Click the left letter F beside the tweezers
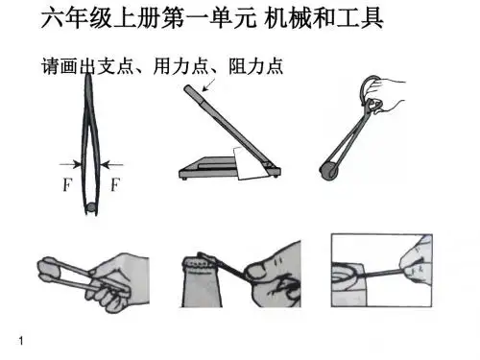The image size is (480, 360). [x=67, y=184]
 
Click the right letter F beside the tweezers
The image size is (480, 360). [x=115, y=184]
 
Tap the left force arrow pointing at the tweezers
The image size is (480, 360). [x=71, y=165]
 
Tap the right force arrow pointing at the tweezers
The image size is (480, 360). [x=111, y=165]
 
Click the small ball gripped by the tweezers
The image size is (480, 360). [x=91, y=207]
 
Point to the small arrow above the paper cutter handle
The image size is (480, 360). [x=209, y=84]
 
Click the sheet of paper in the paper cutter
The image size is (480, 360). [x=252, y=162]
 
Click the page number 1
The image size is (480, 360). [x=21, y=341]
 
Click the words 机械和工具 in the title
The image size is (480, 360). [x=324, y=18]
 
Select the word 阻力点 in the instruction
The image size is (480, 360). [x=255, y=66]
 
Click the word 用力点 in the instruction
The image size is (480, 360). [x=180, y=66]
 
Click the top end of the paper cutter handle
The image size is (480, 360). [x=187, y=87]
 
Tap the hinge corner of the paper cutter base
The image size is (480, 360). [x=272, y=167]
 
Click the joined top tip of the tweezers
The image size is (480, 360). [x=88, y=76]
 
